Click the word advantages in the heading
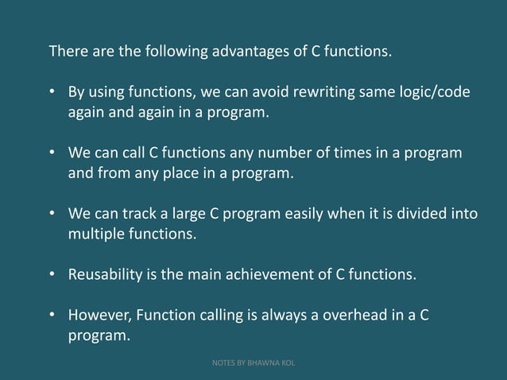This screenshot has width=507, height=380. click(x=257, y=52)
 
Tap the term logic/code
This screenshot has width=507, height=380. click(x=435, y=92)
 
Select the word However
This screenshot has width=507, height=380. click(x=99, y=315)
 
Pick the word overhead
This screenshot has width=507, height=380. click(x=358, y=315)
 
